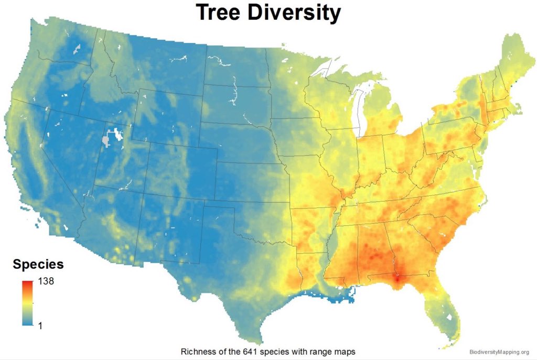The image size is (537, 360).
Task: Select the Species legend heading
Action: (38, 264)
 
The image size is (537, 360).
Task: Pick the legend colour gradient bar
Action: (28, 303)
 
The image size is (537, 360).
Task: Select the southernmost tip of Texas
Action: (259, 342)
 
